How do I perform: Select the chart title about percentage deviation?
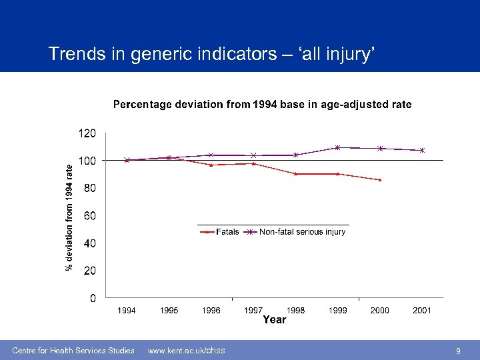point(262,105)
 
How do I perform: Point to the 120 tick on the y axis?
point(87,133)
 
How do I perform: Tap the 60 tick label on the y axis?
point(89,216)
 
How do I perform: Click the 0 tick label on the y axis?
point(93,298)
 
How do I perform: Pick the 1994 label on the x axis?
point(127,311)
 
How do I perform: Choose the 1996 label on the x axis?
point(211,311)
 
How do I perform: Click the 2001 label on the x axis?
point(422,311)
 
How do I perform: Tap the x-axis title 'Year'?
point(274,320)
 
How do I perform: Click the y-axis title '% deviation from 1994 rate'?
point(69,218)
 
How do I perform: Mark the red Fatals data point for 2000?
point(380,180)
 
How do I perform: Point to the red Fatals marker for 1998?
point(295,174)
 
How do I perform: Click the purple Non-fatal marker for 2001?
point(422,151)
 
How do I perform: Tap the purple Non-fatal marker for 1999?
point(338,147)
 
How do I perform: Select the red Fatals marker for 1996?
point(211,165)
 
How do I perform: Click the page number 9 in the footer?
point(458,351)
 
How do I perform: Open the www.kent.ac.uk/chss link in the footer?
point(186,351)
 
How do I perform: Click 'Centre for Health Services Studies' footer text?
point(73,351)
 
